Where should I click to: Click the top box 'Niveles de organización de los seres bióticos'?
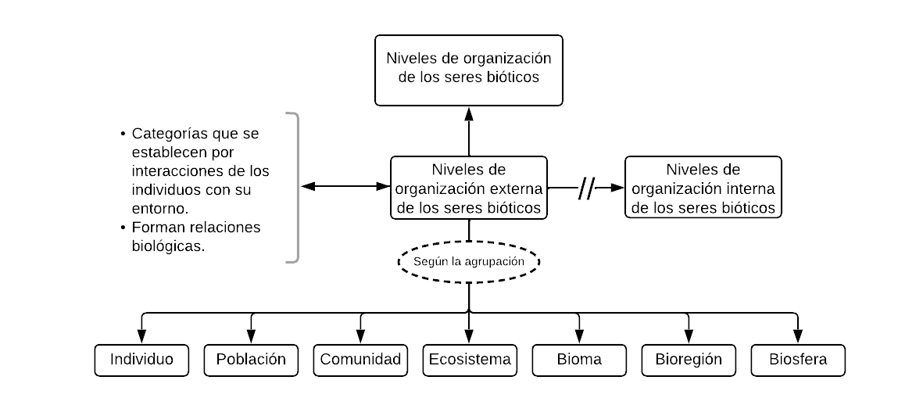[x=468, y=70]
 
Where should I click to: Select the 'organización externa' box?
[x=468, y=188]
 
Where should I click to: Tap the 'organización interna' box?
[x=703, y=188]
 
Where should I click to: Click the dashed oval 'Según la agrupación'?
[x=468, y=261]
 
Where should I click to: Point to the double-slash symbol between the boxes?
[x=586, y=188]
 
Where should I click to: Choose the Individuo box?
[x=141, y=360]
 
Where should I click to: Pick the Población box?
[x=251, y=360]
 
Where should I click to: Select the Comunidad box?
[x=360, y=360]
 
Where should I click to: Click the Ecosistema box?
[x=470, y=360]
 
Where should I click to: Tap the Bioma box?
[x=579, y=360]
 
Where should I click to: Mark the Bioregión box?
[x=689, y=360]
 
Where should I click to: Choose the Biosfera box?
[x=798, y=360]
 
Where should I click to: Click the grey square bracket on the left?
[x=295, y=188]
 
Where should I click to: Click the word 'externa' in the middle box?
[x=516, y=189]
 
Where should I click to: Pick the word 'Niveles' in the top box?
[x=410, y=59]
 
